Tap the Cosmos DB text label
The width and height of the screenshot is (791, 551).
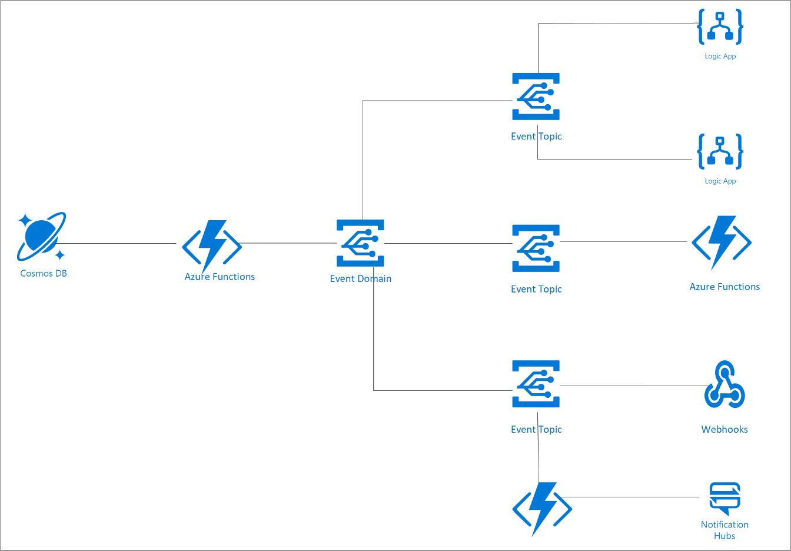[44, 273]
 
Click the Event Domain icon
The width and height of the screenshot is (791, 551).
[360, 243]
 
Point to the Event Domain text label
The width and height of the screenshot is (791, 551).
[360, 278]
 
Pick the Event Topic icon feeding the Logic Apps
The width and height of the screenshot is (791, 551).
[536, 97]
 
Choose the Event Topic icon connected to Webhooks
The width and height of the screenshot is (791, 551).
[536, 384]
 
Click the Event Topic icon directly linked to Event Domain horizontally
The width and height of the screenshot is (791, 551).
[536, 248]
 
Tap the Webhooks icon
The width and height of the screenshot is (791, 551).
[724, 386]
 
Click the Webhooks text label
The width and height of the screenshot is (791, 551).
[724, 429]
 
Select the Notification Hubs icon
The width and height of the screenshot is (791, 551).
[724, 497]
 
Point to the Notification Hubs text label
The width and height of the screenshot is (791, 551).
[724, 530]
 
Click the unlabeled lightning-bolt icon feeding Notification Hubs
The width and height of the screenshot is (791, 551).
[542, 508]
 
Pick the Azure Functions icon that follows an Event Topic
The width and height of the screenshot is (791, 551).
[722, 242]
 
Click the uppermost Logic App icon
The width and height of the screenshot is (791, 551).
[720, 26]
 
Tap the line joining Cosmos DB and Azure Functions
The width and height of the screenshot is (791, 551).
[118, 243]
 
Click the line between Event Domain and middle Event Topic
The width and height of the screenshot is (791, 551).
[447, 243]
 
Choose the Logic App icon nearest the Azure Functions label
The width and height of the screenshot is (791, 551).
[720, 151]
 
